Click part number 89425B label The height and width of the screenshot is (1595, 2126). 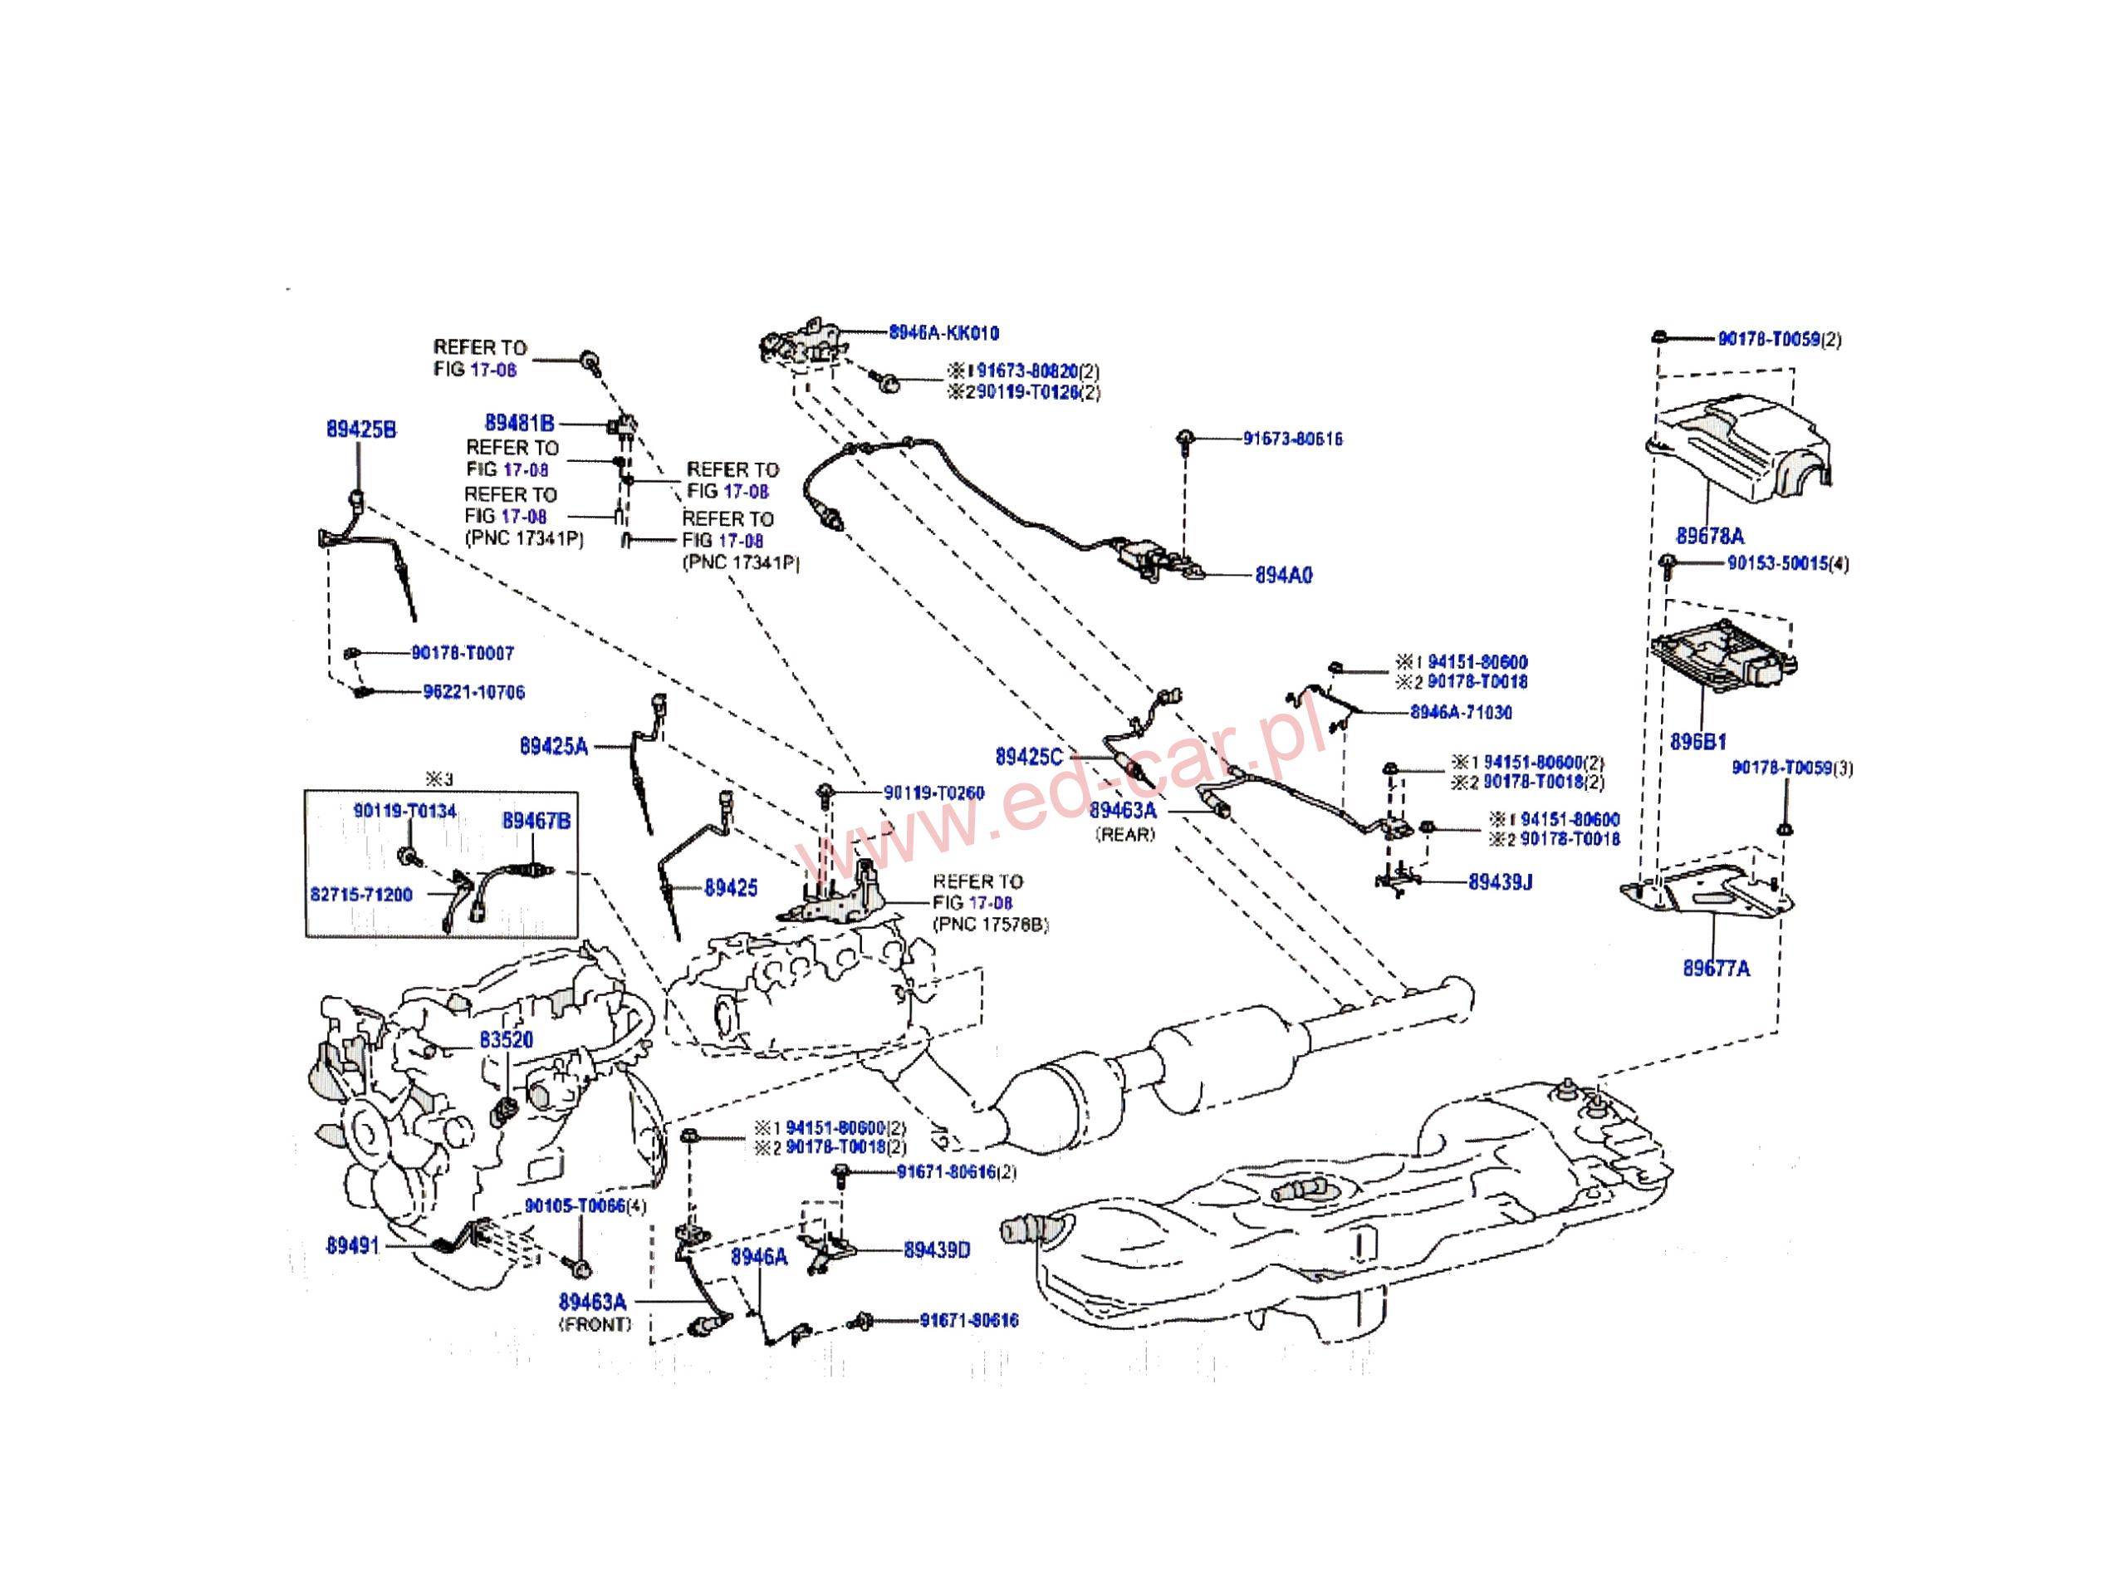point(360,429)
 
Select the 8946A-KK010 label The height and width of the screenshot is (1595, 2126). point(943,332)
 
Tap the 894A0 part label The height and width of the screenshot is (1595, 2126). point(1283,575)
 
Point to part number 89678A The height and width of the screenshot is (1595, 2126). point(1710,536)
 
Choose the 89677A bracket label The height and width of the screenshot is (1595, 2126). point(1716,968)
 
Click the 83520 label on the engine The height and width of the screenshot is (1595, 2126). point(506,1039)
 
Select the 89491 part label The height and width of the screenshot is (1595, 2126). point(353,1245)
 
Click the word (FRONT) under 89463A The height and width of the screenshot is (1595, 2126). point(595,1324)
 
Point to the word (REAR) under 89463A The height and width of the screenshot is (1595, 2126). point(1124,835)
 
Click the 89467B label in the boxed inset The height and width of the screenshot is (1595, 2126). point(536,820)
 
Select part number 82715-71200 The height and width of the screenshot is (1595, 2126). point(360,894)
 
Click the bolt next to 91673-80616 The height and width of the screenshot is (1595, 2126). point(1184,440)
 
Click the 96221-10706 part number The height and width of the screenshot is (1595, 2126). point(474,692)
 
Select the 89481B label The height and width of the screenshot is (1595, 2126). point(519,423)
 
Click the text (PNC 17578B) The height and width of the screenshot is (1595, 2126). point(990,925)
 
